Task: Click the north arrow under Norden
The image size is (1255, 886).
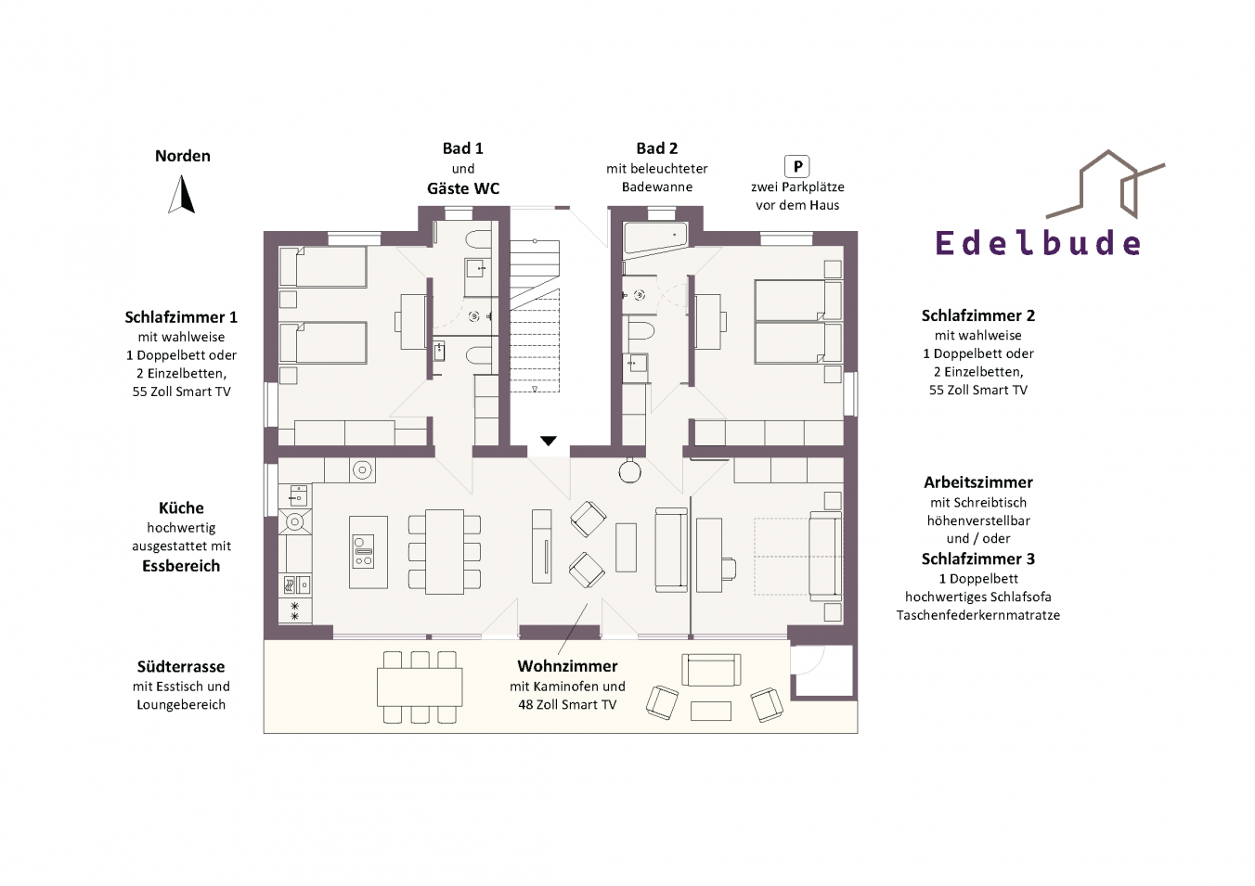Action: tap(182, 195)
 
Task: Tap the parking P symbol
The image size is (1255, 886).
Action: tap(796, 166)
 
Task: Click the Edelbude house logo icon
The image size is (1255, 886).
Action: tap(1106, 185)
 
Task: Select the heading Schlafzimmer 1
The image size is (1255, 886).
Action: tap(181, 317)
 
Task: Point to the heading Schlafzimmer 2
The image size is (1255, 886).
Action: tap(978, 315)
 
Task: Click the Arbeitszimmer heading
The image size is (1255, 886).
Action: tap(978, 482)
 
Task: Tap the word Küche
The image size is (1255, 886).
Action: tap(181, 508)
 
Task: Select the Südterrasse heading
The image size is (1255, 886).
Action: tap(181, 666)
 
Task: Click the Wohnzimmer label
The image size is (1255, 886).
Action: tap(567, 666)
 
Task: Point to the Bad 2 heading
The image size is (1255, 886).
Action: tap(657, 148)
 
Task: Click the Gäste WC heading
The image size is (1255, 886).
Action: tap(463, 188)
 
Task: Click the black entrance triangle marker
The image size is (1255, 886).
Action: tap(549, 441)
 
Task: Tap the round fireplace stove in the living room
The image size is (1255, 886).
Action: tap(629, 471)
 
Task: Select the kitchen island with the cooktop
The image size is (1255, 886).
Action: tap(369, 552)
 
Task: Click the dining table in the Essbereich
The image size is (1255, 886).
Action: tap(445, 552)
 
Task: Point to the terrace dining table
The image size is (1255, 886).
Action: tap(420, 687)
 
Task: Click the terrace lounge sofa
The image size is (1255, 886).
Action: tap(711, 670)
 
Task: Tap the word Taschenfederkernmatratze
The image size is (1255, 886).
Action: tap(978, 615)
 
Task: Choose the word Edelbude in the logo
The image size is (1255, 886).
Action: tap(1038, 243)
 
